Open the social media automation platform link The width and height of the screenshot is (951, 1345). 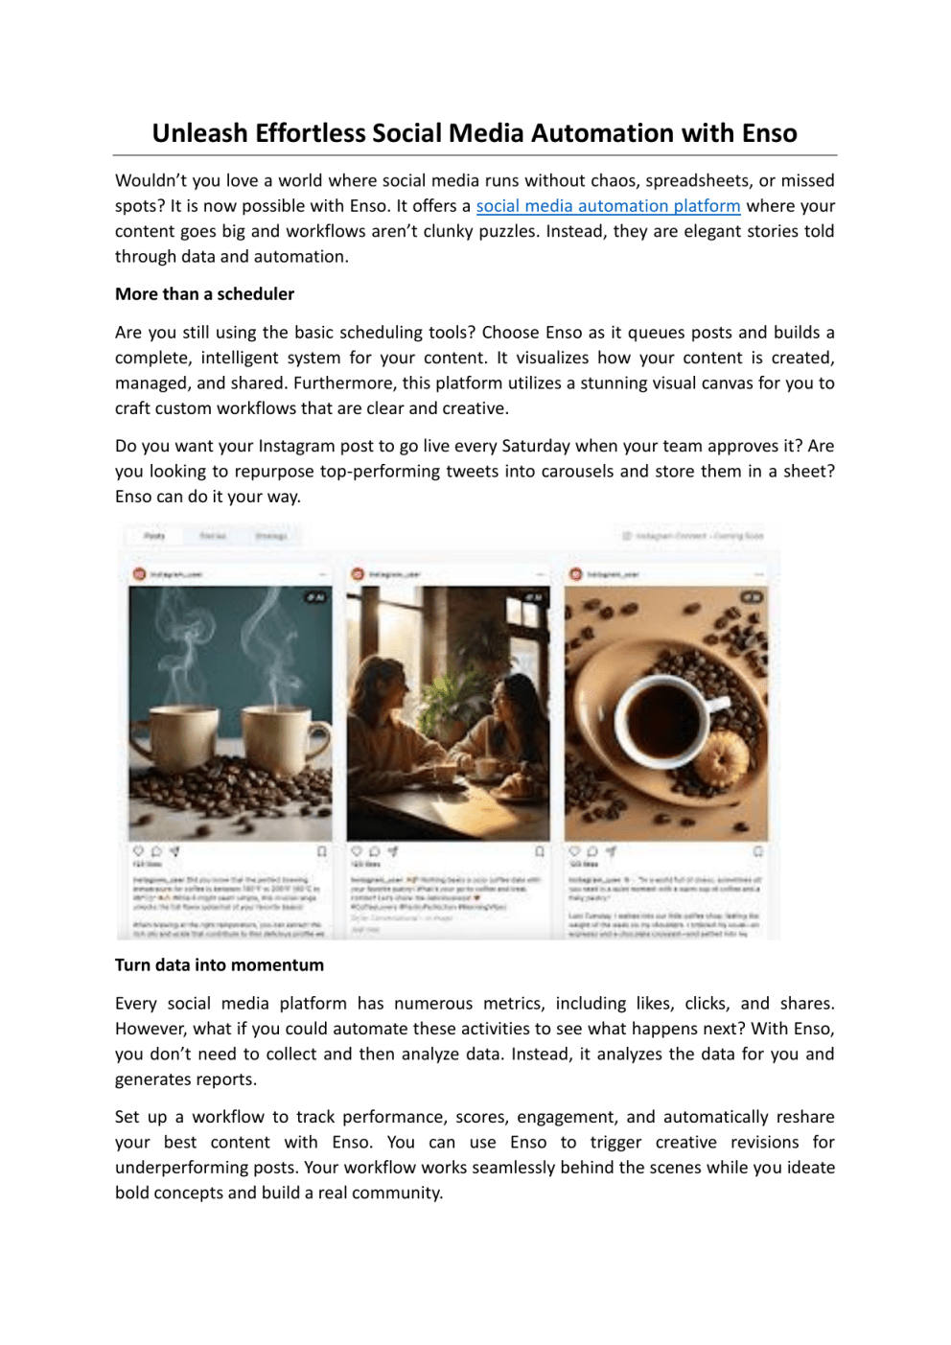tap(608, 206)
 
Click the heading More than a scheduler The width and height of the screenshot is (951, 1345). tap(204, 294)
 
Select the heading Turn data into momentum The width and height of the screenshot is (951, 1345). tap(220, 965)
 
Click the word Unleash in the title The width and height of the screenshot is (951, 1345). tap(199, 133)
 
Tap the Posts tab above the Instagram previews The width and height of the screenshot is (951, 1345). tap(154, 536)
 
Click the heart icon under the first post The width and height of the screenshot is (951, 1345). tap(138, 851)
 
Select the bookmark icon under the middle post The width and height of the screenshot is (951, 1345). tap(540, 851)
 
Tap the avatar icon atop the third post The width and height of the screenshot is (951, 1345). tap(575, 573)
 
